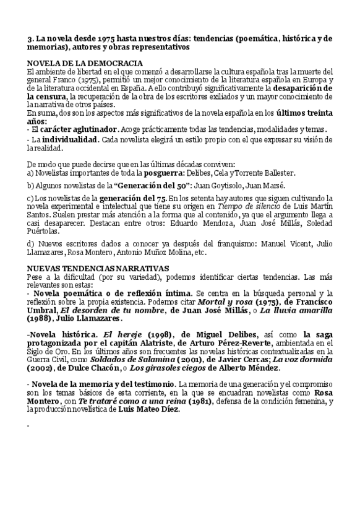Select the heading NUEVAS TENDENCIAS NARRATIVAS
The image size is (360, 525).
[99, 268]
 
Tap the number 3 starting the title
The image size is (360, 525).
[30, 38]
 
